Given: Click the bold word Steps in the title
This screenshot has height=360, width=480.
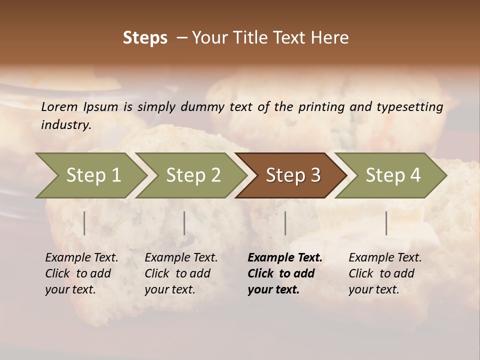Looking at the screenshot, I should tap(145, 38).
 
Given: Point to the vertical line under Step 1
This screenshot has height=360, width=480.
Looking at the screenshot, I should tap(84, 223).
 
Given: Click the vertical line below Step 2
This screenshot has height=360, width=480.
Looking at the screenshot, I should tap(184, 223).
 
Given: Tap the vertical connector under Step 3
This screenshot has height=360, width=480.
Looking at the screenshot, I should tap(285, 223).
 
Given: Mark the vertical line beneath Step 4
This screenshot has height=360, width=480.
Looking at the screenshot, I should tap(386, 223).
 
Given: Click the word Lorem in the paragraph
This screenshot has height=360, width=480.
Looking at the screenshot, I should tap(59, 107).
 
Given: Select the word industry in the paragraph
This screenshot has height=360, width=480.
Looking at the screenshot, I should tap(66, 125).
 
